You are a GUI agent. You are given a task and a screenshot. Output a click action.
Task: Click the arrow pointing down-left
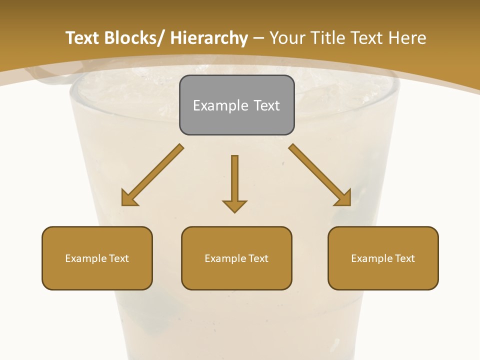click(x=152, y=175)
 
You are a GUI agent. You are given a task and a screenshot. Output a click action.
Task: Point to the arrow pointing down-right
click(x=320, y=175)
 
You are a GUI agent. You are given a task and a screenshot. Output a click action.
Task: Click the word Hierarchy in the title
click(x=209, y=38)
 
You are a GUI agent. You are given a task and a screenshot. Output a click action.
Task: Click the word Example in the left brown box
click(x=86, y=258)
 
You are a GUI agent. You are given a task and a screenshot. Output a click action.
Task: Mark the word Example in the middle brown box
click(x=225, y=258)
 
